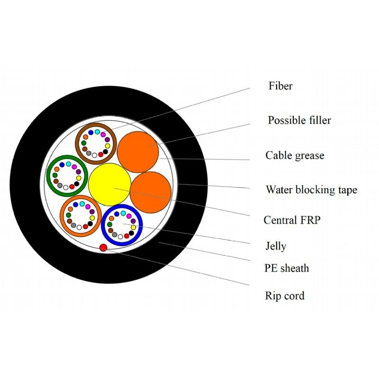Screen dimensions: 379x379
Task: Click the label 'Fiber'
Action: (280, 86)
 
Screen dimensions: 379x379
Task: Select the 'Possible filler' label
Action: (299, 120)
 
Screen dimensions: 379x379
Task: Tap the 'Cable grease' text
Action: (295, 155)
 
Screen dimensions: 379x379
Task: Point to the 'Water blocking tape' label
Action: (311, 190)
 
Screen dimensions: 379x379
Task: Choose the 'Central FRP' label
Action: (292, 220)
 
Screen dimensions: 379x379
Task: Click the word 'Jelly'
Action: (276, 246)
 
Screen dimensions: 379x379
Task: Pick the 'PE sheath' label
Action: (287, 268)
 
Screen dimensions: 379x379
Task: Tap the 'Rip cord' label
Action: (285, 296)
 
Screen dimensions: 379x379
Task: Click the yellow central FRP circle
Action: (110, 184)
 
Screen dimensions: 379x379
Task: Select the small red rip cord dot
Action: (103, 247)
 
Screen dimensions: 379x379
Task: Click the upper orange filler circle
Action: (138, 152)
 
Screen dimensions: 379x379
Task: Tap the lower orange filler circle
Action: (151, 192)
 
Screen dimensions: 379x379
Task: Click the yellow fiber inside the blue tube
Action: (134, 227)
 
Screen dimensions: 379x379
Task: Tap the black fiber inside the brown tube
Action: (105, 152)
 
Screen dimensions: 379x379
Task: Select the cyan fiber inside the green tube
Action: (68, 164)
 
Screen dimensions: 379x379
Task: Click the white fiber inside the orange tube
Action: (79, 227)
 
